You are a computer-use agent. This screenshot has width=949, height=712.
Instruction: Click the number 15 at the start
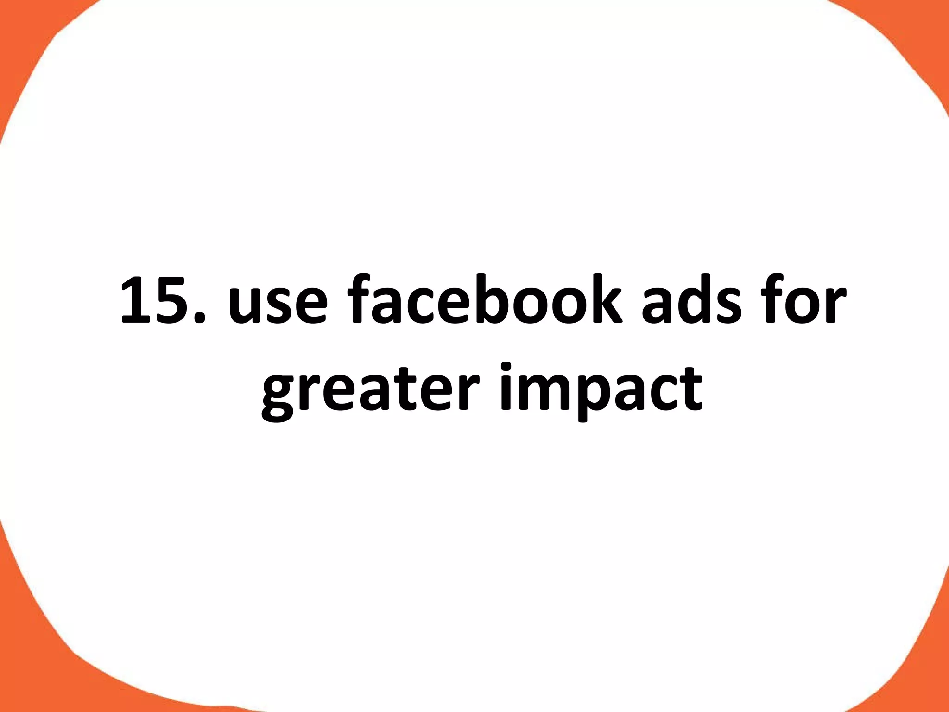click(x=160, y=299)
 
